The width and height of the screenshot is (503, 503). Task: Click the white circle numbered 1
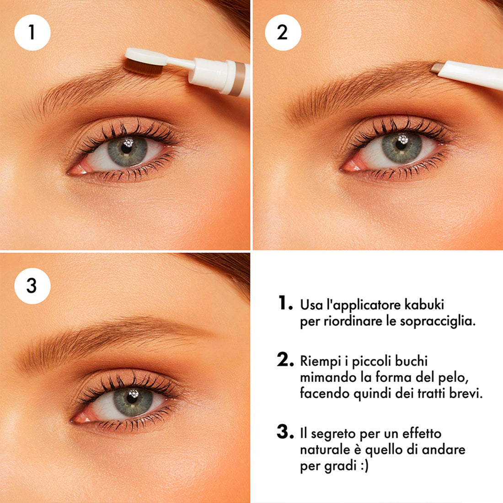tap(32, 32)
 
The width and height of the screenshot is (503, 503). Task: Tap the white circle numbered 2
tap(283, 32)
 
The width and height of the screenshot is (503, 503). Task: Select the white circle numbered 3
tap(32, 286)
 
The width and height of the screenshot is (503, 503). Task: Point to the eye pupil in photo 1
tap(126, 148)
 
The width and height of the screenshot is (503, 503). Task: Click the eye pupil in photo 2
tap(401, 145)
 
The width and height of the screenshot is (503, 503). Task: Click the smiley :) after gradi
tap(364, 466)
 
